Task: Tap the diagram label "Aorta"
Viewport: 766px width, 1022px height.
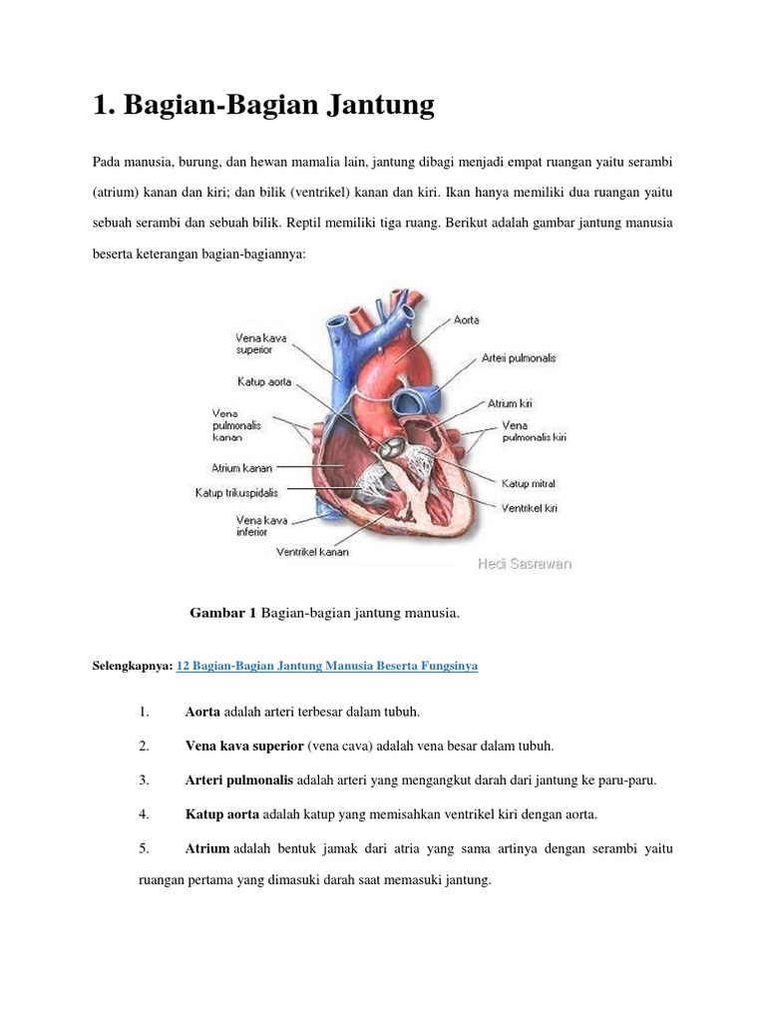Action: coord(467,320)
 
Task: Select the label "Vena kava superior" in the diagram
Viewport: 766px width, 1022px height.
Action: coord(261,344)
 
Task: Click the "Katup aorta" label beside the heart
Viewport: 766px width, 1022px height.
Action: coord(265,381)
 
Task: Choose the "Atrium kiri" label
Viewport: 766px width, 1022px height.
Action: coord(509,403)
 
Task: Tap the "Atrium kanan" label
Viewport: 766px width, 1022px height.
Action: coord(242,466)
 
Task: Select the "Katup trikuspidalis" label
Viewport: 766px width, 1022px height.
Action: coord(236,492)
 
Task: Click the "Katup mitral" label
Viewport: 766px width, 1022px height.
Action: coord(528,483)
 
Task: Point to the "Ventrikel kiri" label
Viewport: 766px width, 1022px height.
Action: coord(529,508)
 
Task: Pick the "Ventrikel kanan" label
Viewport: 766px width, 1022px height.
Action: coord(313,552)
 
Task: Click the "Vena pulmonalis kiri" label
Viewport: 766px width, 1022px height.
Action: coord(534,431)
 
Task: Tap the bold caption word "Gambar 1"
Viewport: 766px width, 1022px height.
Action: coord(223,614)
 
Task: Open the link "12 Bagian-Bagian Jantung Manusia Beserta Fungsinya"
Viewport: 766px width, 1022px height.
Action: coord(327,666)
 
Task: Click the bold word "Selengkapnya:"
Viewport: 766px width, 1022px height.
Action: coord(133,666)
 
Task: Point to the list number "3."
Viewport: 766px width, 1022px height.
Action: coord(145,779)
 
